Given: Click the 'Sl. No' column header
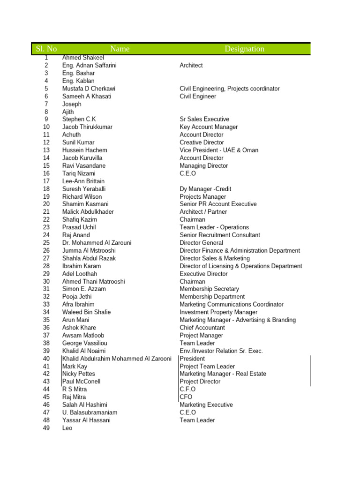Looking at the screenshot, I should (x=46, y=49).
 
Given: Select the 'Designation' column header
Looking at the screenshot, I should (x=244, y=49).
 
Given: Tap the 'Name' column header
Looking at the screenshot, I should (x=120, y=49).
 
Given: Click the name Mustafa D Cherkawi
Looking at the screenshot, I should (x=89, y=89).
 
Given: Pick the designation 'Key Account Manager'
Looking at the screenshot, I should (x=209, y=127).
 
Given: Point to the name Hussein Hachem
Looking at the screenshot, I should (x=84, y=150).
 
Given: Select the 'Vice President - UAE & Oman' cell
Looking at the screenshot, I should (x=219, y=150).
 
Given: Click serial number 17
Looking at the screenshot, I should (x=46, y=181).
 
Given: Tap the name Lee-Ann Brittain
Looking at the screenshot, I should (x=83, y=181).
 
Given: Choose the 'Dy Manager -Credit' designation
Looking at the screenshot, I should (x=205, y=189).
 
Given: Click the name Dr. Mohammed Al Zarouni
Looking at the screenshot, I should (x=97, y=243).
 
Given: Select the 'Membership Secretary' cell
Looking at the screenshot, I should (x=209, y=289).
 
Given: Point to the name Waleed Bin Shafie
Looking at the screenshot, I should (x=86, y=312).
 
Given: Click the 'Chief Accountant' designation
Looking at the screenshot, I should (x=202, y=328).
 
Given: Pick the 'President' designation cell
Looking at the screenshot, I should (x=192, y=359).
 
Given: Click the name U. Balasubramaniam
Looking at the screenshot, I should (x=90, y=412).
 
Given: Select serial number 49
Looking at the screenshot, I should (x=46, y=428).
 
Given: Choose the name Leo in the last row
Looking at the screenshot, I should (x=67, y=428).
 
